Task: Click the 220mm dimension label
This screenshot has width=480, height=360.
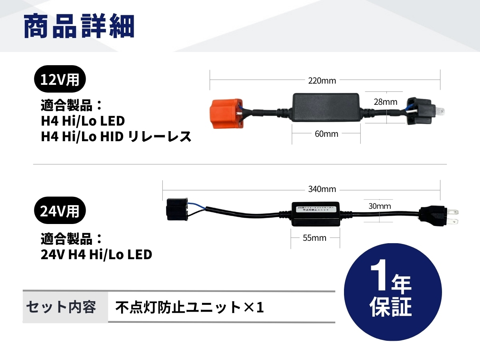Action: tap(322, 80)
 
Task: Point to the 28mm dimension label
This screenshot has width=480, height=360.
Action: tap(385, 102)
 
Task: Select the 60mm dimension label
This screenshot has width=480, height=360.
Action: tap(326, 134)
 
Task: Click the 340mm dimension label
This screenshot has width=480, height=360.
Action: tap(322, 189)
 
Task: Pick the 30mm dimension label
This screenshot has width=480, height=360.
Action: tap(380, 206)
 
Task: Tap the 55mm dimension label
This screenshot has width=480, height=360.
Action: tap(314, 238)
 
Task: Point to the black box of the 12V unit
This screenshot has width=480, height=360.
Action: tap(326, 107)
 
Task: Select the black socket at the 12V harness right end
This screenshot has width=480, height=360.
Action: tap(418, 112)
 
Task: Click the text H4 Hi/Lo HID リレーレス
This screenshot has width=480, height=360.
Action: tap(116, 137)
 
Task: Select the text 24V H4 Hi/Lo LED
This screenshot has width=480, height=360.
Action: tap(96, 254)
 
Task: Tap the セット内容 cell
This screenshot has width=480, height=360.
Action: tap(61, 307)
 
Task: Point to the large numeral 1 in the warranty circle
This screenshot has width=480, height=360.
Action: tap(379, 278)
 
